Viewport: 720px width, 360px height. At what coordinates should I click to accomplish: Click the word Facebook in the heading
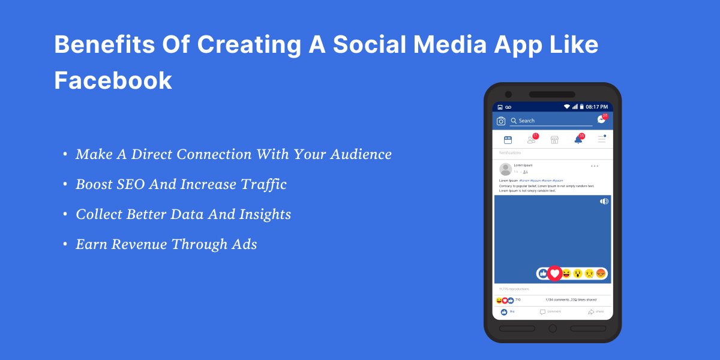click(113, 80)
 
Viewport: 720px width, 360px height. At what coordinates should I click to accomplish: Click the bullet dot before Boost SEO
click(65, 185)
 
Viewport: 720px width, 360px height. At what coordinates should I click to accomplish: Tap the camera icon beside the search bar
click(501, 121)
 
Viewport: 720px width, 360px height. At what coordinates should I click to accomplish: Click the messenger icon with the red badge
click(601, 120)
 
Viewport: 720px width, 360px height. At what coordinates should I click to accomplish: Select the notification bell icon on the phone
click(578, 140)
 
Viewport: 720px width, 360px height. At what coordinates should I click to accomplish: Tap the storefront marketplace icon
click(554, 140)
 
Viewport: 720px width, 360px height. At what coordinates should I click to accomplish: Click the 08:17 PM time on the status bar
click(596, 107)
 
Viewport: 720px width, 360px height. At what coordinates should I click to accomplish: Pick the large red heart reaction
click(555, 273)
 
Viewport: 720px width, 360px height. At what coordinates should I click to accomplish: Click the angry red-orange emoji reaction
click(601, 274)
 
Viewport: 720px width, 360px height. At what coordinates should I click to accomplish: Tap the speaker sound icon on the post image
click(604, 202)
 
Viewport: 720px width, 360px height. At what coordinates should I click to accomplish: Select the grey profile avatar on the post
click(505, 169)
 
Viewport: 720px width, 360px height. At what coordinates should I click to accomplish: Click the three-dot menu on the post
click(595, 166)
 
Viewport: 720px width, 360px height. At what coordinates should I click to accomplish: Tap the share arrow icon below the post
click(591, 312)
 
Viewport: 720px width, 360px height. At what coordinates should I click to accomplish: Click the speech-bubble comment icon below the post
click(542, 312)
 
